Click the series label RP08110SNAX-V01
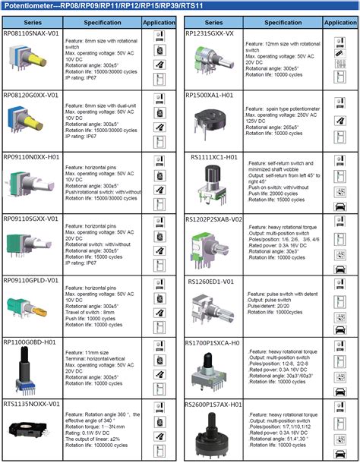click(x=31, y=35)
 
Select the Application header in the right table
click(x=339, y=23)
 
